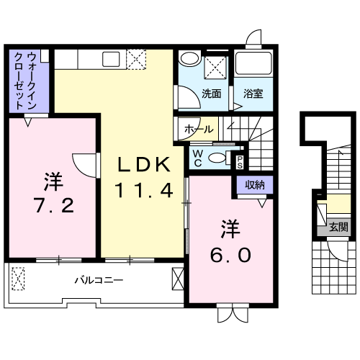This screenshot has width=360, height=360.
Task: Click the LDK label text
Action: click(144, 164)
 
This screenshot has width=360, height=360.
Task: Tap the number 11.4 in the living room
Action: click(144, 190)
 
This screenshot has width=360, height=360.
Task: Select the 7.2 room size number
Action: click(55, 205)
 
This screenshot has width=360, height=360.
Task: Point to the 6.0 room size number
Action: click(230, 255)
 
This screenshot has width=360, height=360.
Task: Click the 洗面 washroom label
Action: click(211, 94)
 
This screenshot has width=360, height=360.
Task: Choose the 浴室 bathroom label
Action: click(253, 94)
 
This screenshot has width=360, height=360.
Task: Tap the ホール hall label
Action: click(199, 129)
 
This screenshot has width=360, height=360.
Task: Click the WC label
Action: click(198, 158)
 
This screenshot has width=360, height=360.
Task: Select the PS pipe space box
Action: click(240, 162)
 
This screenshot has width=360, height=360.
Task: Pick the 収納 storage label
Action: click(255, 184)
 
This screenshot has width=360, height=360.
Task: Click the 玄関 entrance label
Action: click(338, 227)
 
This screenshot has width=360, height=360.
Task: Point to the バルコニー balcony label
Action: click(99, 280)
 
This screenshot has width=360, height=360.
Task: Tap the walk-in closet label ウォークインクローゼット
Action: click(25, 81)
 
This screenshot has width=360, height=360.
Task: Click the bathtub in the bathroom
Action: click(253, 63)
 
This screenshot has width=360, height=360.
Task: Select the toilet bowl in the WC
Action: click(217, 158)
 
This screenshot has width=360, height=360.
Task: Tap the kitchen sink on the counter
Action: click(111, 59)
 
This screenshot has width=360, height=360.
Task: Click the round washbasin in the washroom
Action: click(191, 58)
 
